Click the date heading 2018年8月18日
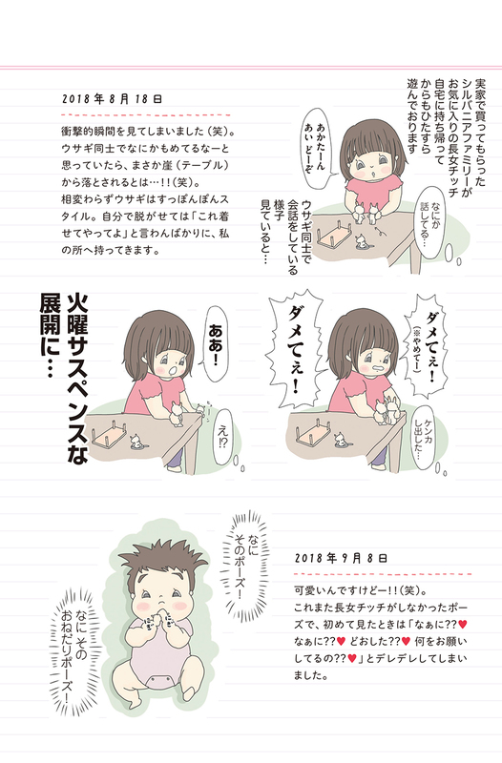112,99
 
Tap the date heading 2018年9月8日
341,558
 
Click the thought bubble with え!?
223,438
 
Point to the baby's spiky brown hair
161,560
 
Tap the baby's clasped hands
160,619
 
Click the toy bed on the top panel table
335,236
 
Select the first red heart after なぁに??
463,624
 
